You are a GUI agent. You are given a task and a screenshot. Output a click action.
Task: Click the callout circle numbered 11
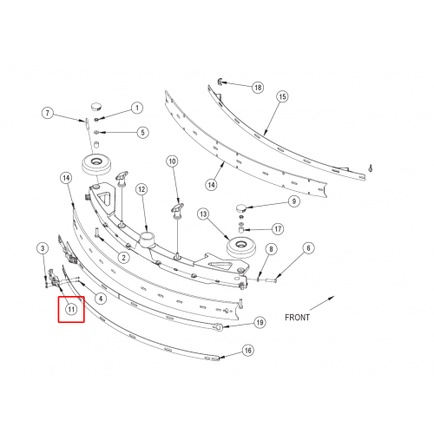(x=71, y=309)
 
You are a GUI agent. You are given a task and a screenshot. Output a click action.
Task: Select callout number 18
(x=258, y=87)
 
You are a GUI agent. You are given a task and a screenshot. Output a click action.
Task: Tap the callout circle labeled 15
(x=282, y=96)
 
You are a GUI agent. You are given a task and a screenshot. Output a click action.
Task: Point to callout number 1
(x=137, y=108)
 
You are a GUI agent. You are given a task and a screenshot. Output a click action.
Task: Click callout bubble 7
(x=48, y=113)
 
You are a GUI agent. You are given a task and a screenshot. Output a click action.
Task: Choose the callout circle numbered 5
(x=142, y=133)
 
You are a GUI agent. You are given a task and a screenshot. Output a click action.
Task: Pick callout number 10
(x=172, y=161)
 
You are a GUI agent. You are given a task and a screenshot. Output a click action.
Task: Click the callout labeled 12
(x=141, y=189)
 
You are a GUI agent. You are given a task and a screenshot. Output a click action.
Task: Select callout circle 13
(x=203, y=214)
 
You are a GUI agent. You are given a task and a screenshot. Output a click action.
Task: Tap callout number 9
(x=294, y=201)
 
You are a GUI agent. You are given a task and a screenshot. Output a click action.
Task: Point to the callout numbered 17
(x=278, y=229)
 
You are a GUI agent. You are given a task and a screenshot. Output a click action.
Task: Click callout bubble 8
(x=271, y=249)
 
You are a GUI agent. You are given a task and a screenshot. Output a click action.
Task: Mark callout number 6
(x=308, y=248)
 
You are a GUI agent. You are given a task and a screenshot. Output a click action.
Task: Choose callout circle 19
(x=260, y=322)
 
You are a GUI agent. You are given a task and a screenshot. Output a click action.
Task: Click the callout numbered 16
(x=248, y=351)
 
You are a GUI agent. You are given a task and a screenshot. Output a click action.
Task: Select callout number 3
(x=43, y=248)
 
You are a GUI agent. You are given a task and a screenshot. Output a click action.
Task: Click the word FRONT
(x=297, y=318)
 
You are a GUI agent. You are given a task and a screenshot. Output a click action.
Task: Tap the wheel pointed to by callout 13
(x=241, y=247)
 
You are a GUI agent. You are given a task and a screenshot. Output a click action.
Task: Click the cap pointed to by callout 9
(x=240, y=207)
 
